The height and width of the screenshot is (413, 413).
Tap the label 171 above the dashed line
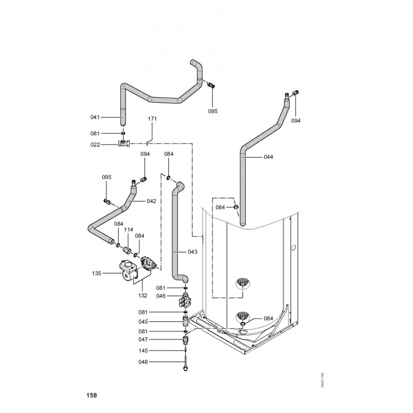coord(152,119)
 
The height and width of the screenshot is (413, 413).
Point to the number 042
coord(151,201)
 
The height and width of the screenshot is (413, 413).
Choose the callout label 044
coord(268,157)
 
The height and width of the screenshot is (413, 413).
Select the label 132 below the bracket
coord(142,295)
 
